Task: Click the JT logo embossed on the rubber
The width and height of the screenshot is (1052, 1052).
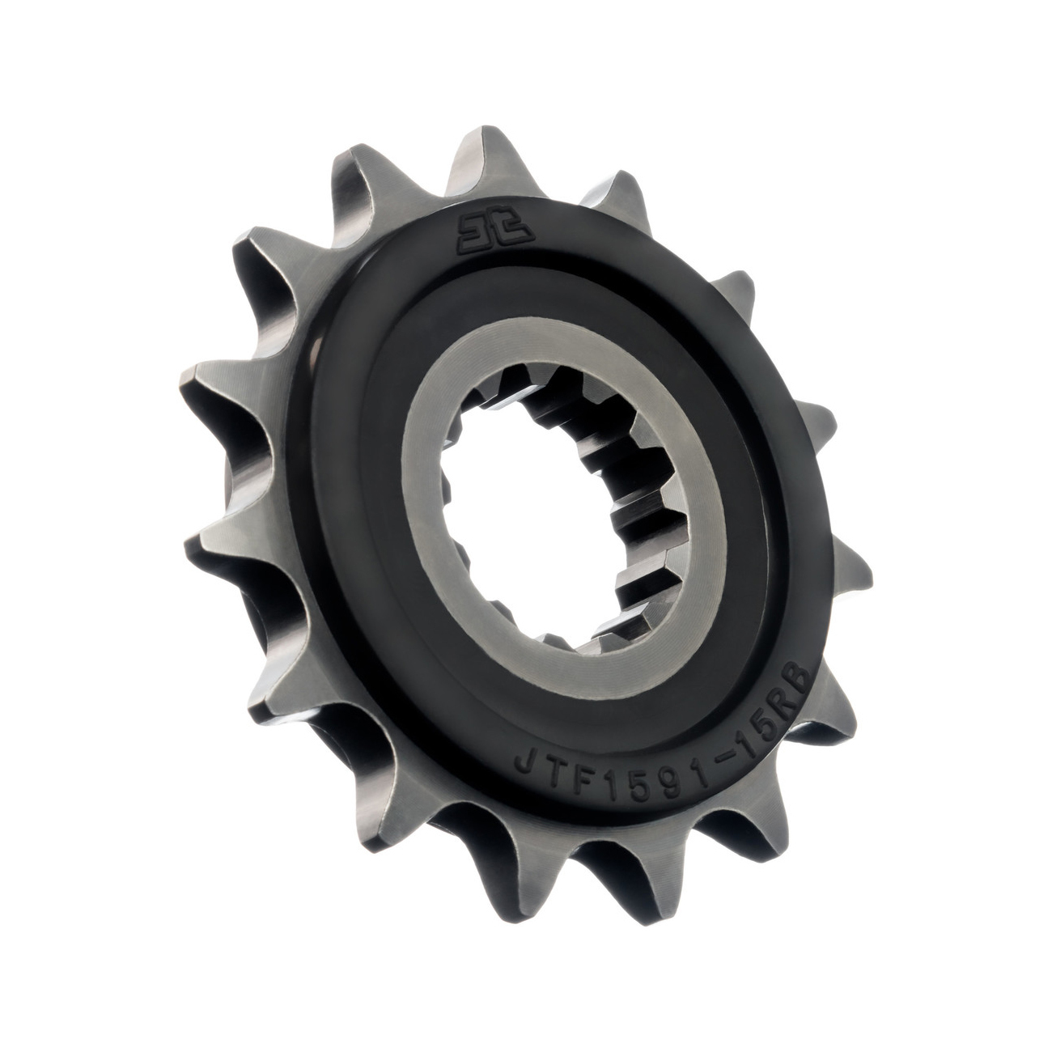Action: pyautogui.click(x=494, y=231)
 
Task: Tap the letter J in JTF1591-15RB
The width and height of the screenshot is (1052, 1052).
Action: pyautogui.click(x=526, y=763)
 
